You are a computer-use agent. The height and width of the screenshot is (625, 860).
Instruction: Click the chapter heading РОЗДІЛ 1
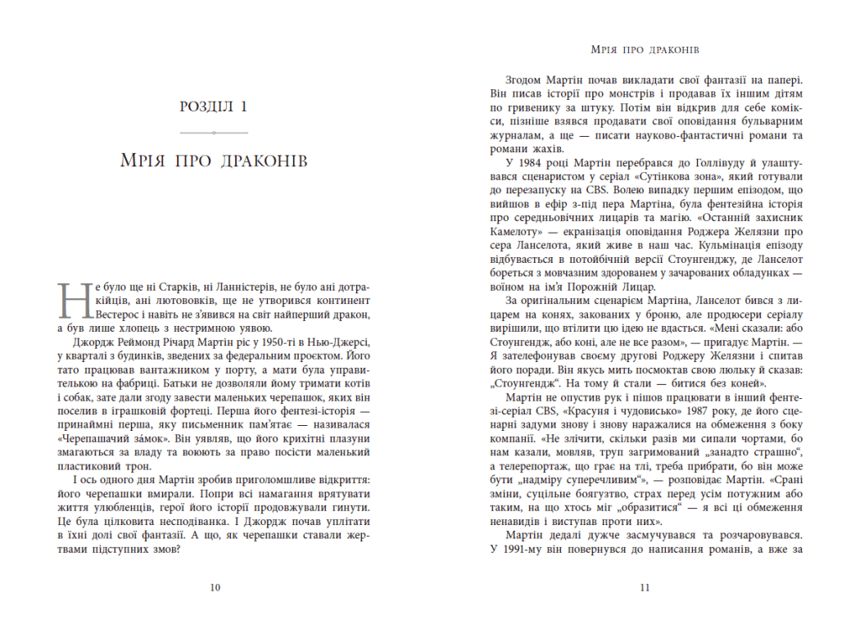(x=213, y=106)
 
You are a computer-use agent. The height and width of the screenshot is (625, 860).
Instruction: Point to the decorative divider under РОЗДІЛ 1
(x=213, y=132)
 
